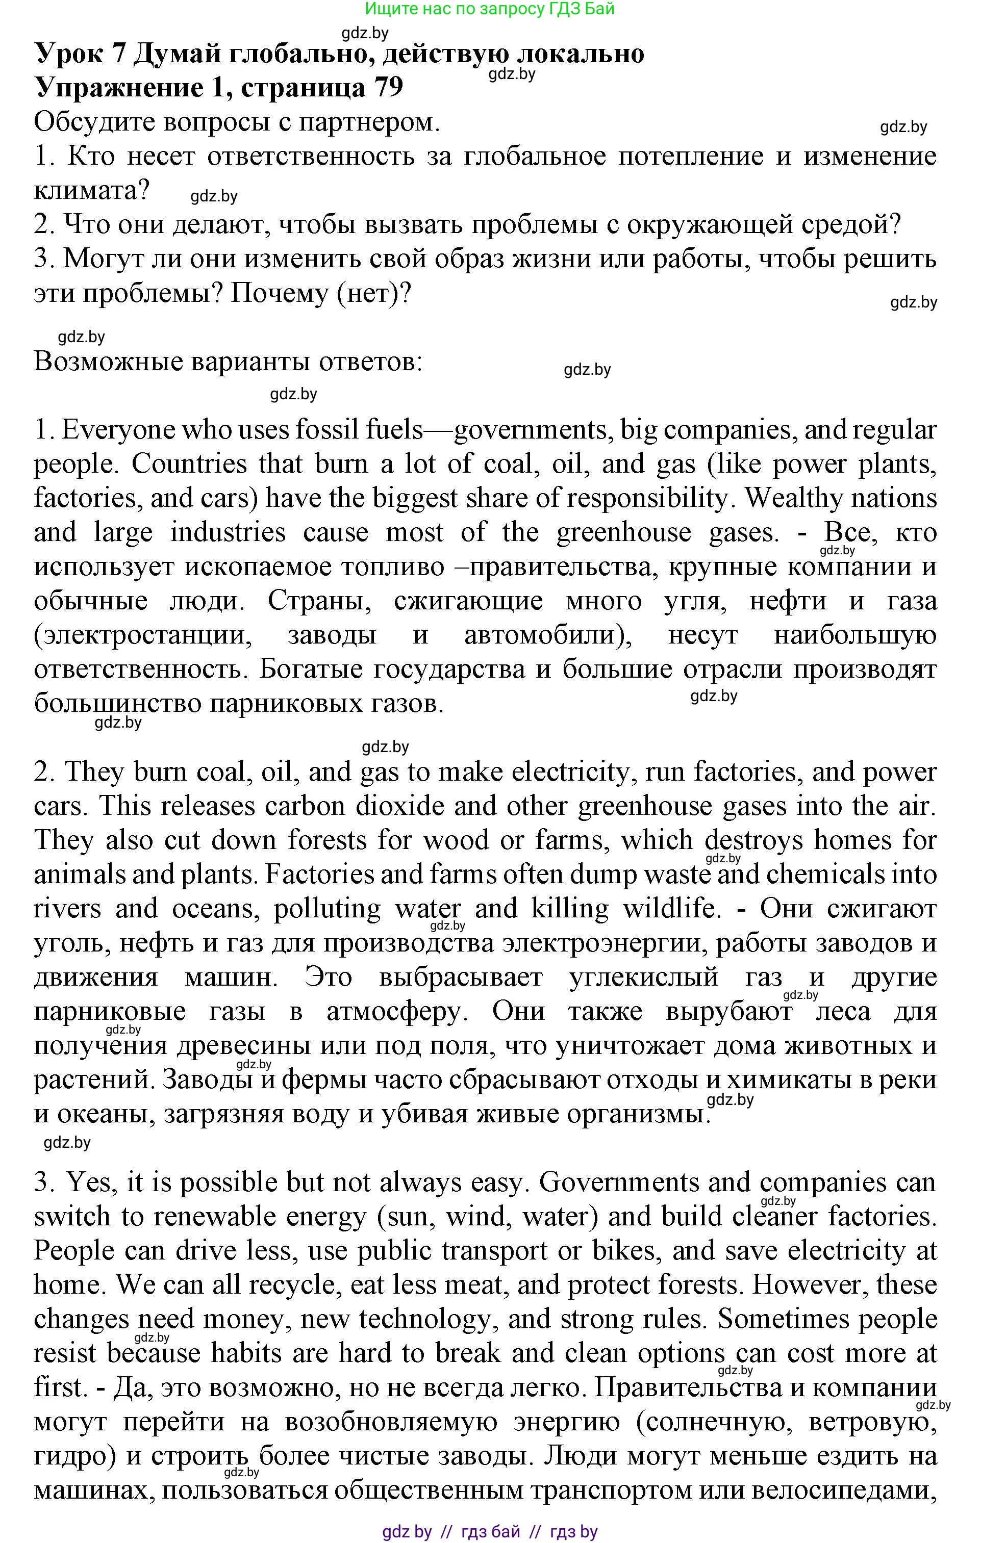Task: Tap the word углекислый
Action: tap(644, 977)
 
